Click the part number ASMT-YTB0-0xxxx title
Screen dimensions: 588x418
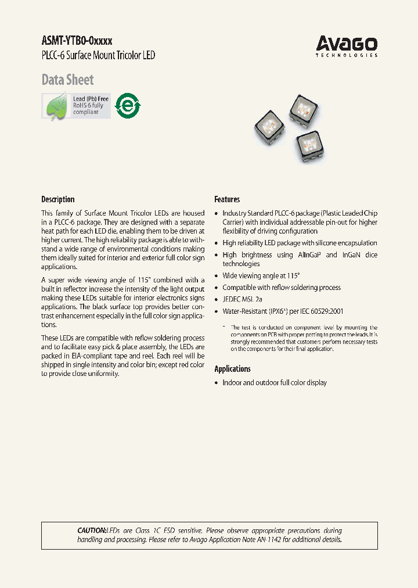77,41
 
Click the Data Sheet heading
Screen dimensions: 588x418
67,80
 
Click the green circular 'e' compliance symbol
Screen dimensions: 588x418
128,106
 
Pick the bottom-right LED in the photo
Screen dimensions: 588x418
308,145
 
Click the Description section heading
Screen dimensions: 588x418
58,199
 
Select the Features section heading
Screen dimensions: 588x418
227,199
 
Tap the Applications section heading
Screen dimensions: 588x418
232,369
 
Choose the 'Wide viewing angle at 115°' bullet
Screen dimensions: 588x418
261,276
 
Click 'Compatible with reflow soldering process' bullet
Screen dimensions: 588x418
282,288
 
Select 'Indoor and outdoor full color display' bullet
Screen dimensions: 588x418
274,382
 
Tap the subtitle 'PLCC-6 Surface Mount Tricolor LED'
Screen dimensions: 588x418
98,56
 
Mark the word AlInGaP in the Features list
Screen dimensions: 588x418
305,254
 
